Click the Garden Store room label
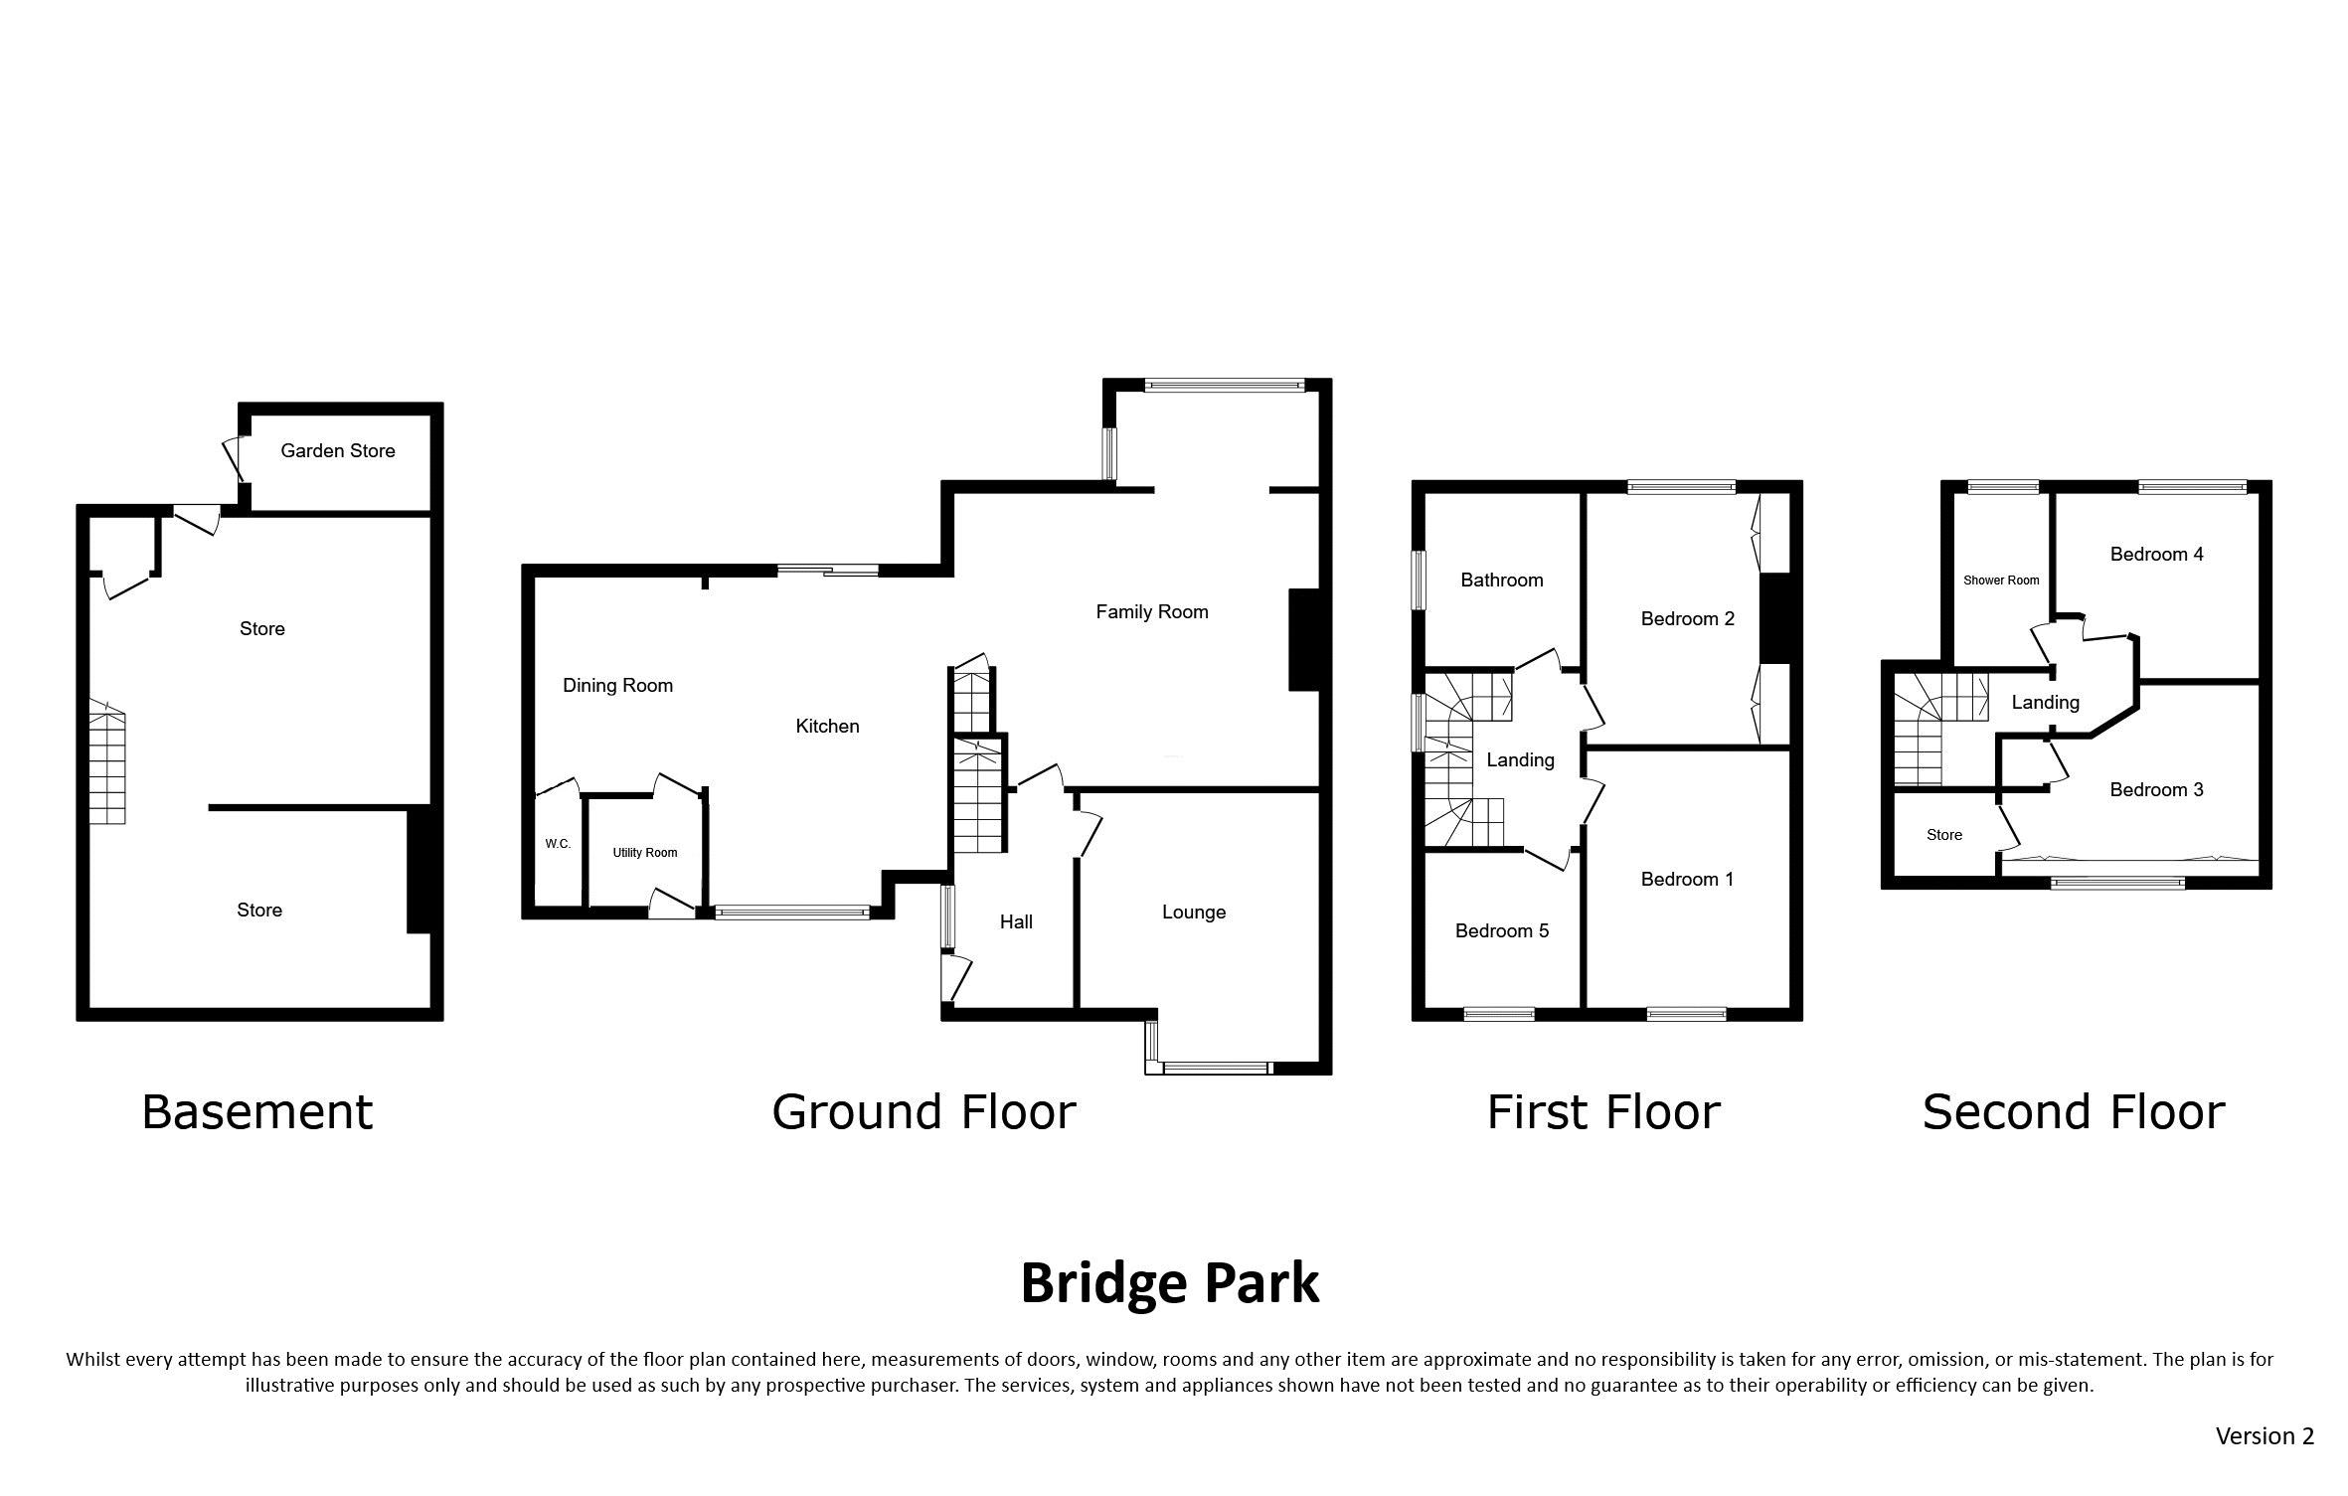pos(338,451)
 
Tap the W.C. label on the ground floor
pos(558,844)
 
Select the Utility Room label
pos(645,853)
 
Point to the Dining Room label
pos(617,686)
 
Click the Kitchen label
pos(827,727)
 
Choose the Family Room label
pos(1152,612)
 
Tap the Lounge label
pos(1194,913)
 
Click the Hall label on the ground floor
pos(1016,922)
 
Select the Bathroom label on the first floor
pos(1501,581)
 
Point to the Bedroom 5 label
pos(1502,931)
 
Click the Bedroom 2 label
pos(1687,619)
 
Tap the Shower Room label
pos(2001,581)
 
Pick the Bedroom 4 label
pos(2156,555)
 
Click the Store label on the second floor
pos(1943,835)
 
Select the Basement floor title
pos(257,1112)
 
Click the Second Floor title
pos(2074,1112)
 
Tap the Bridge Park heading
pos(1170,1284)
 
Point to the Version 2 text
pos(2264,1436)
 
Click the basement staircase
pos(107,762)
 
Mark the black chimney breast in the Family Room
pos(1303,640)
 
